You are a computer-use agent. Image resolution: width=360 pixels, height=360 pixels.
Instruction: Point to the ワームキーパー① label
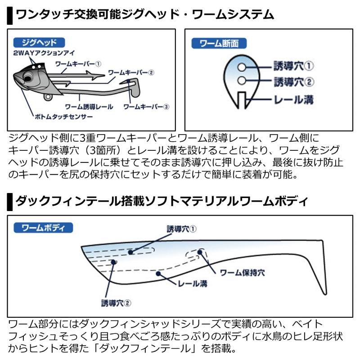point(81,64)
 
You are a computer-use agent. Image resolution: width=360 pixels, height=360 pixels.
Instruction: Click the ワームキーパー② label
point(131,72)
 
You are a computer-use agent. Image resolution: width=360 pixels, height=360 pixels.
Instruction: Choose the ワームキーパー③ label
point(146,107)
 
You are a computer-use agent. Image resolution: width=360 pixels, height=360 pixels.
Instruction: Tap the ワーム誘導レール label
point(89,107)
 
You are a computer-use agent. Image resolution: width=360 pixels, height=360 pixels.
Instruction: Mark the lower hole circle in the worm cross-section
point(242,81)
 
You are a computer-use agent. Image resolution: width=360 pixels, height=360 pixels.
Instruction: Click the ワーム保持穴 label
point(242,273)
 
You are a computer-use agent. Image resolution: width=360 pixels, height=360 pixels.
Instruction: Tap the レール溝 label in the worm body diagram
point(192,284)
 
